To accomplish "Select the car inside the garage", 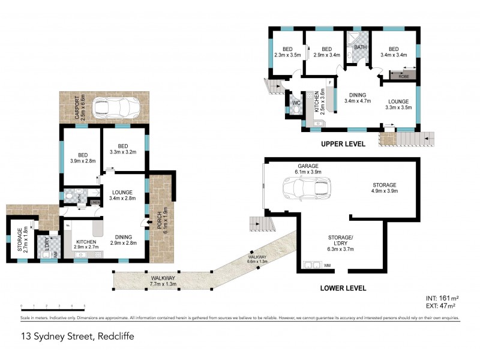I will click(x=306, y=188).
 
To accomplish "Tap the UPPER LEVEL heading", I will click(x=344, y=145).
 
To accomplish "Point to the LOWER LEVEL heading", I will click(x=343, y=288).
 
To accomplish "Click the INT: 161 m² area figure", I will click(x=442, y=298).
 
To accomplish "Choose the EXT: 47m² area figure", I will click(x=441, y=305).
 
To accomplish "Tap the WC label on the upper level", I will click(x=295, y=103).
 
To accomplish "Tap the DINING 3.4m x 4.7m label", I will click(x=358, y=97).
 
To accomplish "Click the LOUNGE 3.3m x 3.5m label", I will click(x=398, y=104).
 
